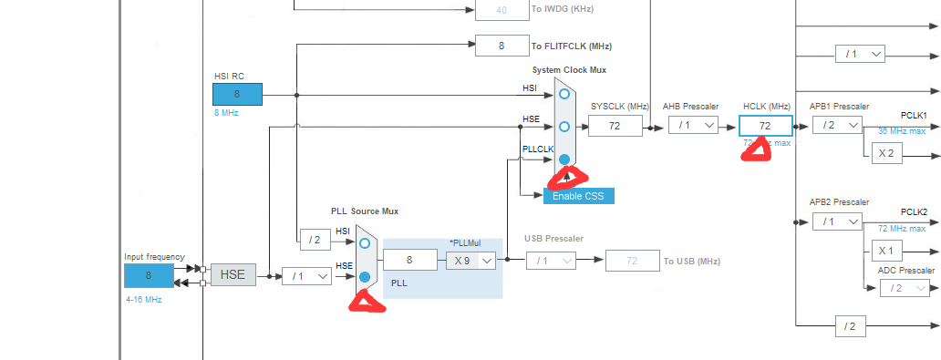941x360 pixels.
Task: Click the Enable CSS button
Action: [x=579, y=196]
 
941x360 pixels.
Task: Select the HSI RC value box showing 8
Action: [x=237, y=94]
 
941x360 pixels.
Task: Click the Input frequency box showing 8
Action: [x=149, y=275]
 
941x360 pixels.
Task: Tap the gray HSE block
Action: [x=233, y=274]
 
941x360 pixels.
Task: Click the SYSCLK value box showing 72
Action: [x=615, y=127]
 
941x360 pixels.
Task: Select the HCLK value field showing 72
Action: [x=765, y=126]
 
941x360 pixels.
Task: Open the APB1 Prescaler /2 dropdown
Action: [x=836, y=126]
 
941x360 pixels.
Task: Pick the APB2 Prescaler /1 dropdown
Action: [x=836, y=221]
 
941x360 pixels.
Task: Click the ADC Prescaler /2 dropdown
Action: [x=905, y=288]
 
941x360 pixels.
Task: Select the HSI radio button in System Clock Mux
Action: [x=564, y=94]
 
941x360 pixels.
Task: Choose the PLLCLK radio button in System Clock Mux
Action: [x=564, y=159]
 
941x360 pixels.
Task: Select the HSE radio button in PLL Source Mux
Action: [x=365, y=276]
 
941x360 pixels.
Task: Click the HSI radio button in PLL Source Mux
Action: [x=365, y=242]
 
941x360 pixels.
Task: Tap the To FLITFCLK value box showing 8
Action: [x=502, y=46]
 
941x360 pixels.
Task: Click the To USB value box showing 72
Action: [x=633, y=262]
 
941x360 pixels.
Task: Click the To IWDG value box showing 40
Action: [x=502, y=10]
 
